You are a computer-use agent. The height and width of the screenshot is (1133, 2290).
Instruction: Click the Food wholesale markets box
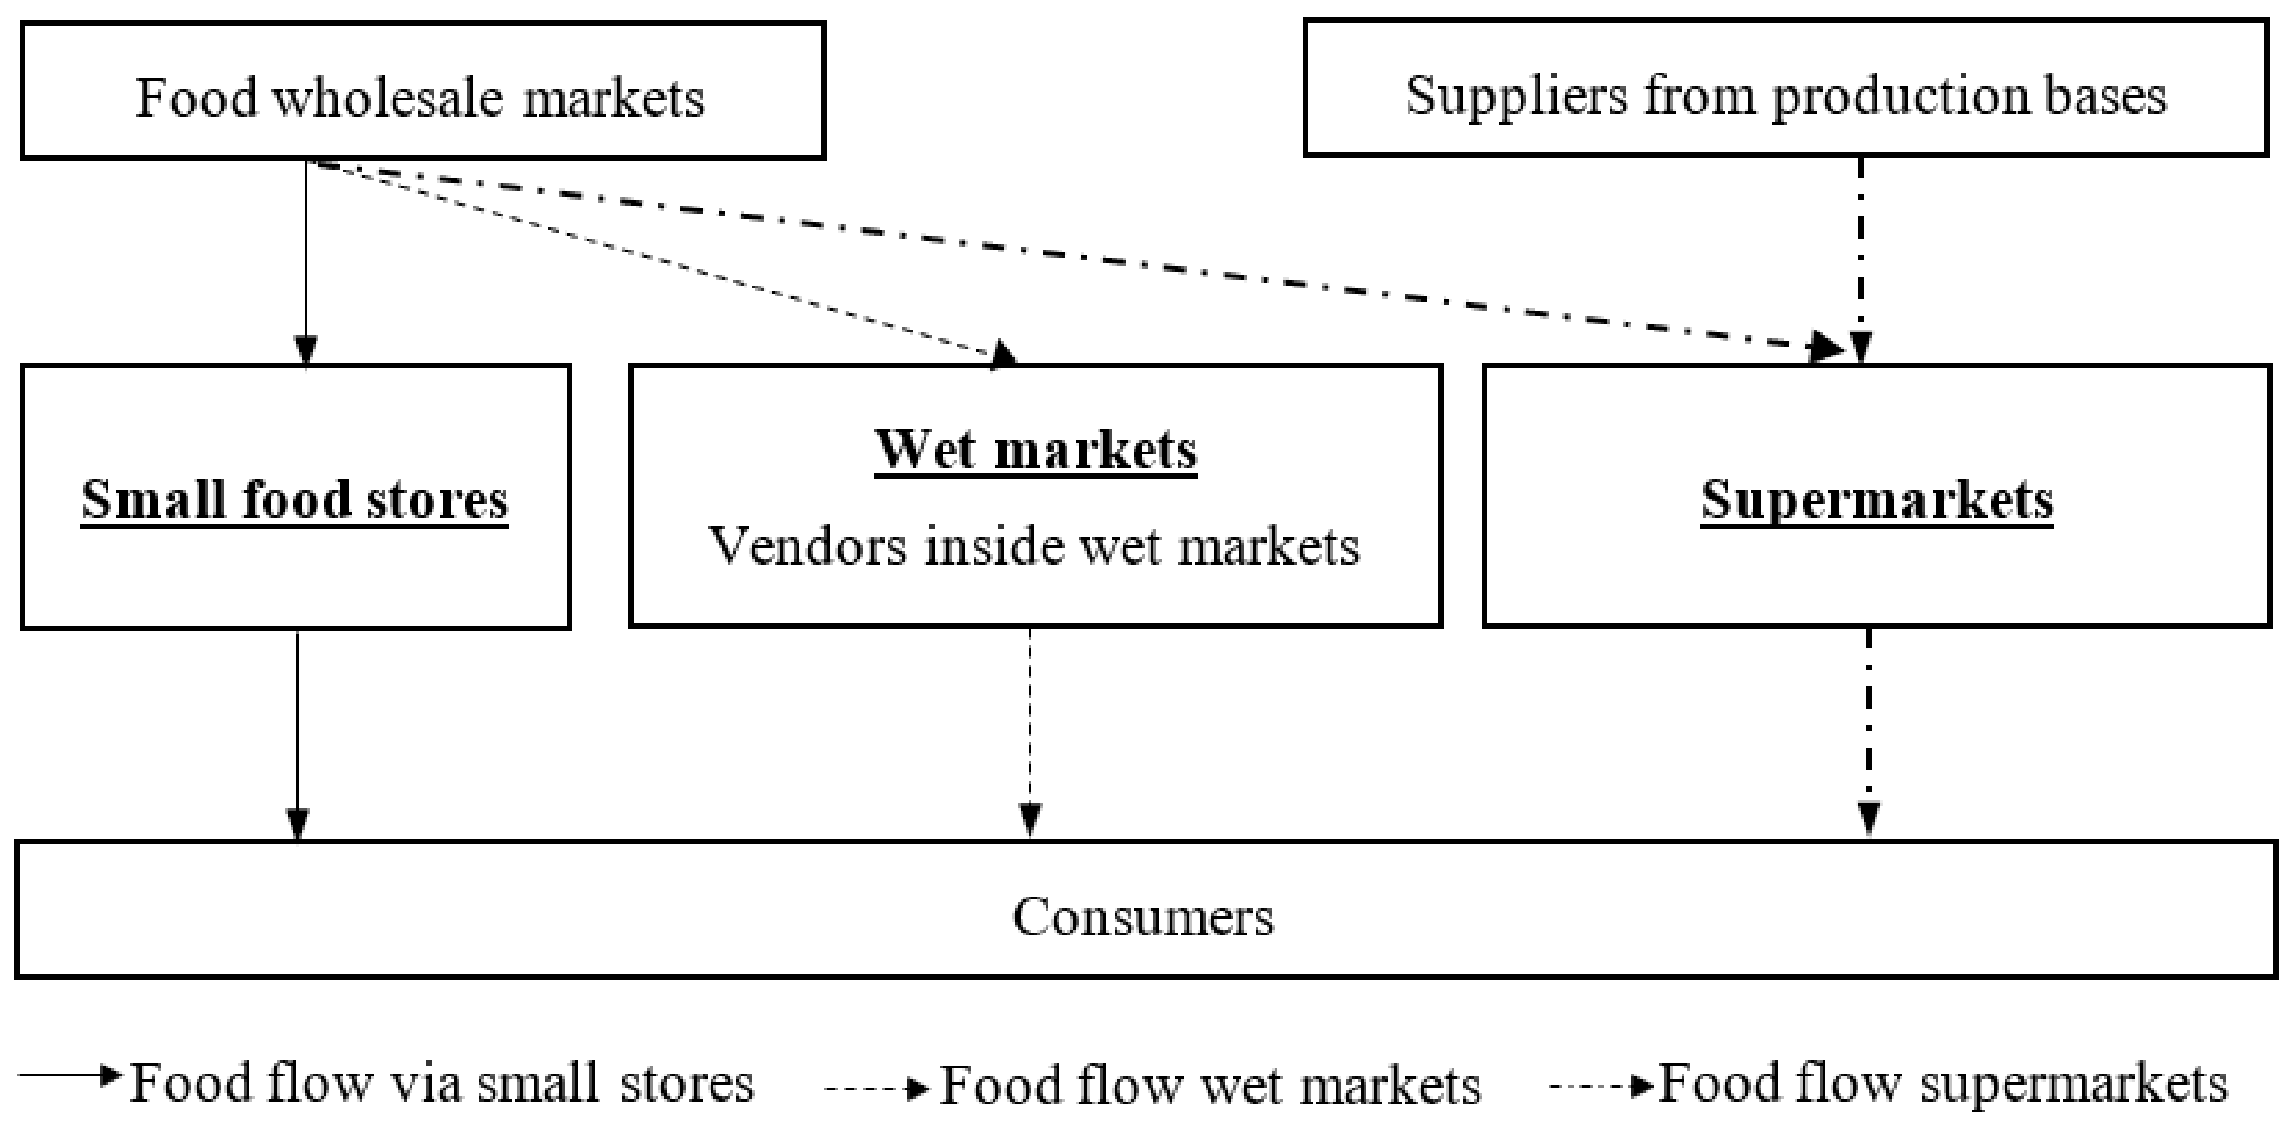coord(423,91)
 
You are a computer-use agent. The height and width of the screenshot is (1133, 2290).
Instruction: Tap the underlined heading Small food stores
coord(295,499)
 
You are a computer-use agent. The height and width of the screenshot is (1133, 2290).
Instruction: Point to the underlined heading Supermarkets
coord(1877,499)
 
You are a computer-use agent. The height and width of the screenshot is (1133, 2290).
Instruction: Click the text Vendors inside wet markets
coord(1033,546)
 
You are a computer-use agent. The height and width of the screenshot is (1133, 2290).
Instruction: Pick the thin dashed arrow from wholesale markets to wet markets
coord(658,260)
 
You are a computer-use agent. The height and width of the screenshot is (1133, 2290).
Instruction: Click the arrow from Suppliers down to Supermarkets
coord(1860,258)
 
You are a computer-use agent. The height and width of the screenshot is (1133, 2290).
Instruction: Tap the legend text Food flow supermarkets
coord(1942,1082)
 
